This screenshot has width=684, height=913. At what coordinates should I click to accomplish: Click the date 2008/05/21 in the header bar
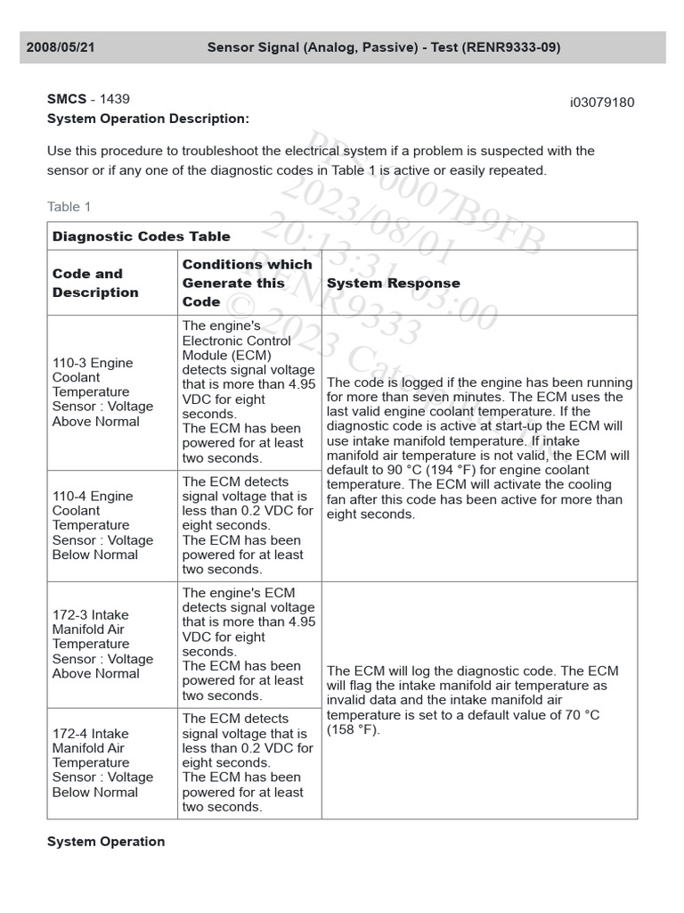pyautogui.click(x=61, y=47)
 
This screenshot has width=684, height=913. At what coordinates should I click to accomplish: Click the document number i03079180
pyautogui.click(x=602, y=102)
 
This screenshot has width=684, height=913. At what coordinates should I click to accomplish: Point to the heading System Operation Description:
pyautogui.click(x=148, y=119)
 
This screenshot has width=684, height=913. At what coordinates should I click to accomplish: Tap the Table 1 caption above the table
pyautogui.click(x=69, y=207)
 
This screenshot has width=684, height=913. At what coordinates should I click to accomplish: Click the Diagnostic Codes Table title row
pyautogui.click(x=141, y=236)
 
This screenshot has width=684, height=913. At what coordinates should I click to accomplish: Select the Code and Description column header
pyautogui.click(x=95, y=283)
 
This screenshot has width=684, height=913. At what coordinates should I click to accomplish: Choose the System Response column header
pyautogui.click(x=394, y=283)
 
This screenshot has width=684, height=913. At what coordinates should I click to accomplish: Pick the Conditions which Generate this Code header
pyautogui.click(x=247, y=283)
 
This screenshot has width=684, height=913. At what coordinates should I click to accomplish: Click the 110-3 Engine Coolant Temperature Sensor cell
pyautogui.click(x=102, y=391)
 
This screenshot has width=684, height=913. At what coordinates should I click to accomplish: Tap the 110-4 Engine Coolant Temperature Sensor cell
pyautogui.click(x=102, y=525)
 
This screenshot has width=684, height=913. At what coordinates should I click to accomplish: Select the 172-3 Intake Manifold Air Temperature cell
pyautogui.click(x=102, y=644)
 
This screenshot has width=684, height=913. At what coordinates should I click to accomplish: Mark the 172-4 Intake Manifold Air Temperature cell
pyautogui.click(x=102, y=762)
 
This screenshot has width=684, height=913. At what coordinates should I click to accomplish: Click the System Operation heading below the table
pyautogui.click(x=106, y=842)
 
